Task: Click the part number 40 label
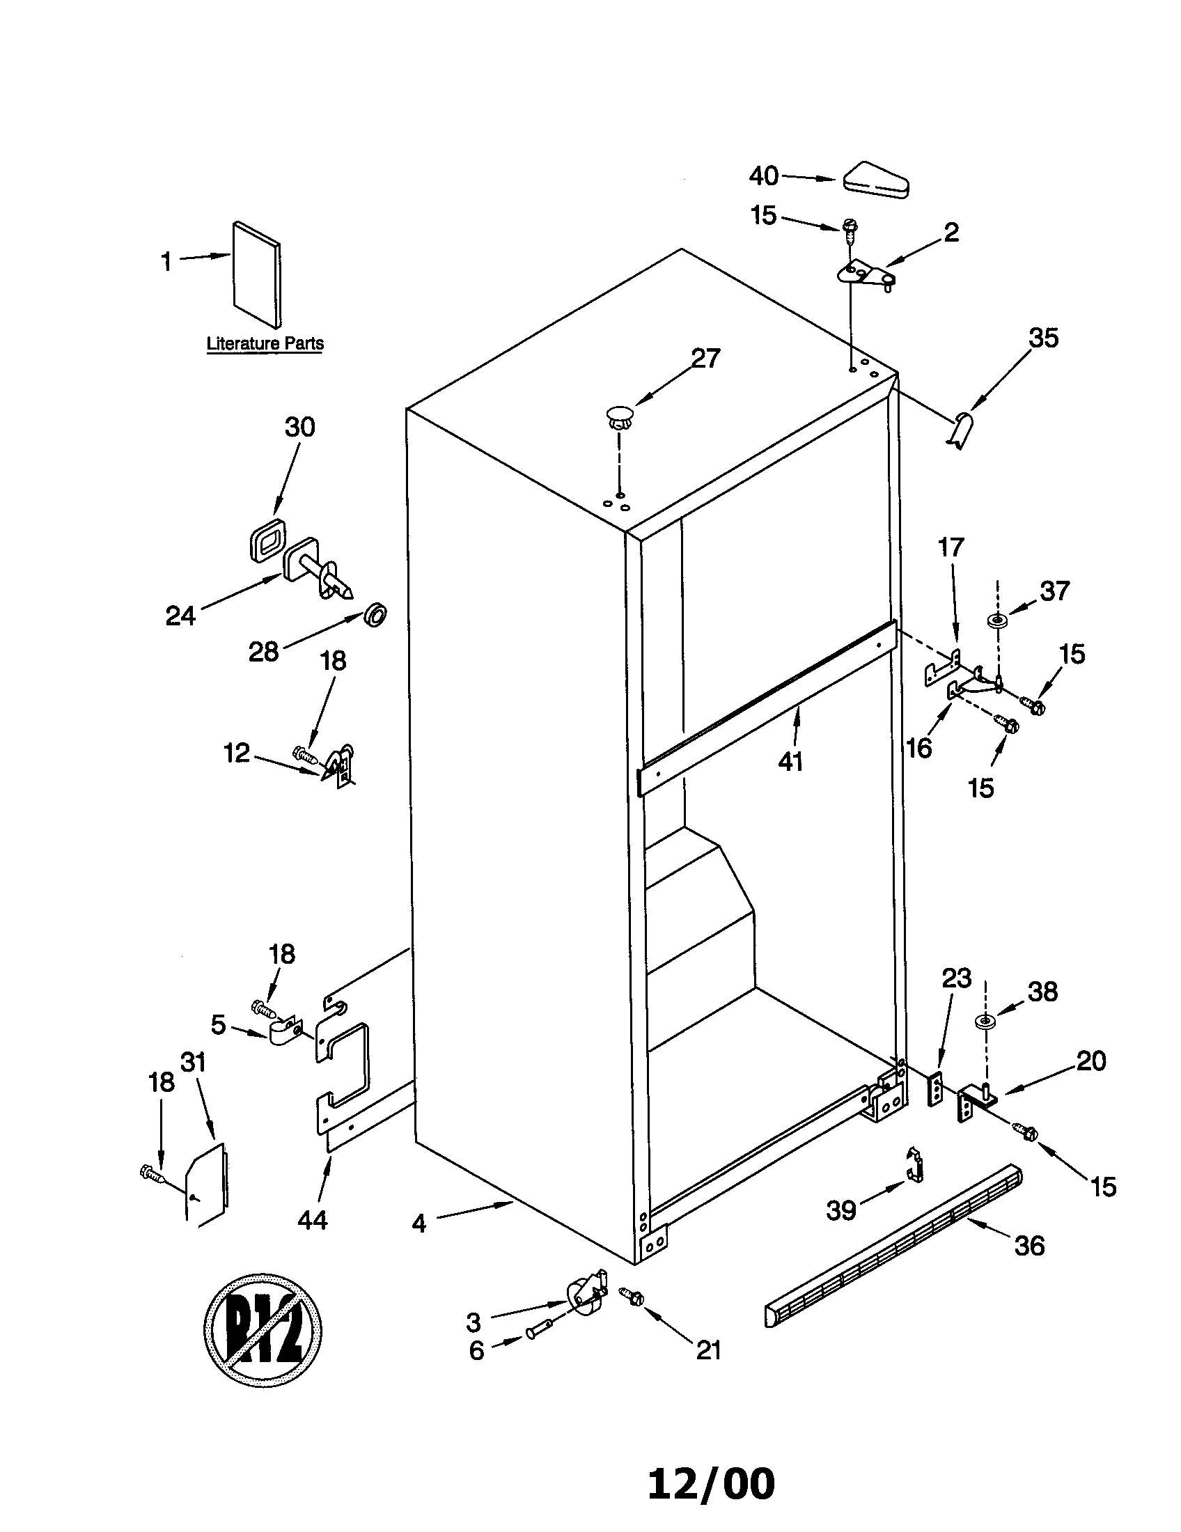click(x=763, y=176)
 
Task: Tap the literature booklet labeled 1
click(x=256, y=274)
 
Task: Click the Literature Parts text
click(x=265, y=344)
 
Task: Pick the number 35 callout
click(x=1042, y=338)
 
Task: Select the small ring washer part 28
click(x=376, y=615)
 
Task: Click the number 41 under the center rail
click(x=790, y=761)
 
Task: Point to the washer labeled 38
click(x=985, y=1021)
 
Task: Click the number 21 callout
click(x=708, y=1350)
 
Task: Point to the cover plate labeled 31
click(x=206, y=1185)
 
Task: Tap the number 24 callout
click(x=180, y=616)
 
